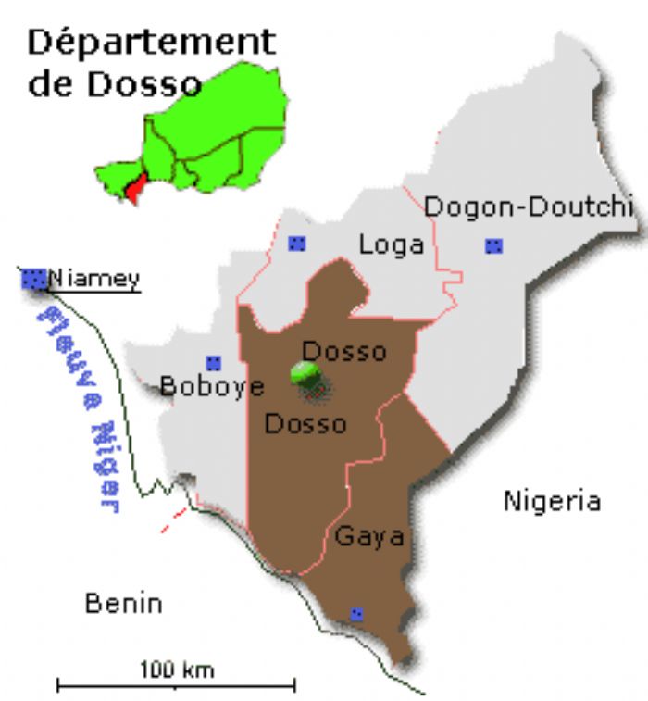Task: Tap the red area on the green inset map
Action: coord(135,190)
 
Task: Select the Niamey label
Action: coord(93,278)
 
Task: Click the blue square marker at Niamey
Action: coord(34,277)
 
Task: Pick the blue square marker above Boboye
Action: coord(214,362)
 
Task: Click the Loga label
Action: coord(391,244)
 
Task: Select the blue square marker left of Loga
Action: coord(296,244)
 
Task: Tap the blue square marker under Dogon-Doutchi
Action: coord(494,245)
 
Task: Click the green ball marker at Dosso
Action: coord(306,374)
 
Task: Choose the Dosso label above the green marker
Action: coord(343,352)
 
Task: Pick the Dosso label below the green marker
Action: coord(305,424)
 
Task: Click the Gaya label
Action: coord(369,536)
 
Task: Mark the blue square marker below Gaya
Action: coord(356,614)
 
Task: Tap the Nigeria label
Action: coord(552,502)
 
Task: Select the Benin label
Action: coord(123,604)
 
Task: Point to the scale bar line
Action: coord(176,685)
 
